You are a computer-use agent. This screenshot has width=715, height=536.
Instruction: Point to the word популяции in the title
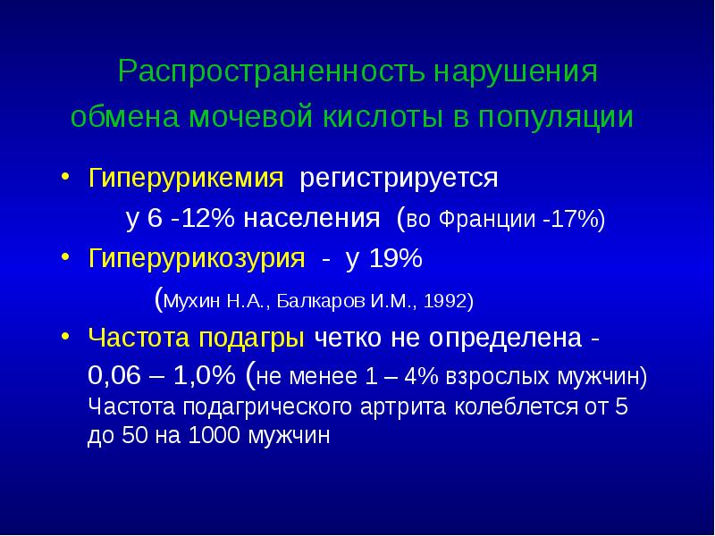(x=560, y=118)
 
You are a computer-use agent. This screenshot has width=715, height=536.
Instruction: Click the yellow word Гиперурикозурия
(x=198, y=259)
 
